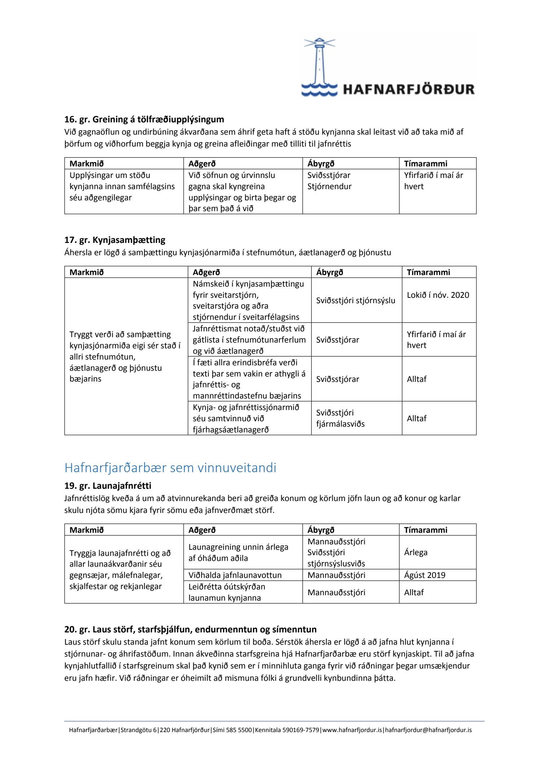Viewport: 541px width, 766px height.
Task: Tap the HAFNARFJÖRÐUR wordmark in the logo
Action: pyautogui.click(x=408, y=89)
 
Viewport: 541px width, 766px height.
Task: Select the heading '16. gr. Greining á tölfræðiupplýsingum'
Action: pyautogui.click(x=144, y=119)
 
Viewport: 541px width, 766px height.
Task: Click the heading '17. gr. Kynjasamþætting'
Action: pyautogui.click(x=115, y=240)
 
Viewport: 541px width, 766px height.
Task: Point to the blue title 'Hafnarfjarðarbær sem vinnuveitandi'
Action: pyautogui.click(x=170, y=467)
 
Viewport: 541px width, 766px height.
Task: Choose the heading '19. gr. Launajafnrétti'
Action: pyautogui.click(x=107, y=486)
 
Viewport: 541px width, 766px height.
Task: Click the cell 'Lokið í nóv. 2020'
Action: pyautogui.click(x=438, y=295)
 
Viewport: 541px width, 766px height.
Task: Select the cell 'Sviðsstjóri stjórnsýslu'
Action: pyautogui.click(x=356, y=300)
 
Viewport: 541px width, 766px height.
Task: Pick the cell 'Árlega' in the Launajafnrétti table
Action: pyautogui.click(x=415, y=552)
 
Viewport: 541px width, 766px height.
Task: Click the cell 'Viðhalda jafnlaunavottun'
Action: pyautogui.click(x=235, y=575)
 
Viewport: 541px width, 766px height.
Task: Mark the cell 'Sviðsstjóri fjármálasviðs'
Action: pyautogui.click(x=340, y=418)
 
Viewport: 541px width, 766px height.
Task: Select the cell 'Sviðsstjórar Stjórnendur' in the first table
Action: pyautogui.click(x=329, y=181)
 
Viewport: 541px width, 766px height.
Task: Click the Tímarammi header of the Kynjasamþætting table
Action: pyautogui.click(x=428, y=272)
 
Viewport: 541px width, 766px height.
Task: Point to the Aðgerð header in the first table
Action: pyautogui.click(x=202, y=164)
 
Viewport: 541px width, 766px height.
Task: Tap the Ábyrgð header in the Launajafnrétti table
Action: pyautogui.click(x=321, y=530)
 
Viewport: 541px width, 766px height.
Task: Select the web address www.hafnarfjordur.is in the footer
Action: pyautogui.click(x=352, y=730)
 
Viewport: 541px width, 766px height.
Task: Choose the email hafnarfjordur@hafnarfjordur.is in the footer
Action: pyautogui.click(x=428, y=730)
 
